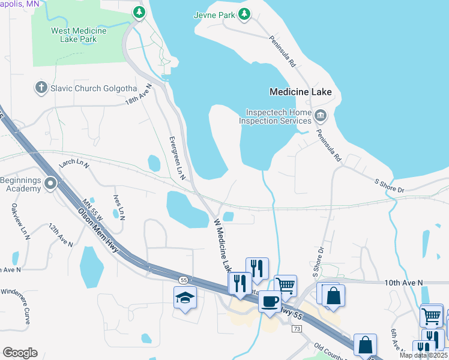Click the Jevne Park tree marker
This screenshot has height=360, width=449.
[244, 14]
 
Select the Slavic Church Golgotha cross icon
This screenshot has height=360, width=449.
[41, 88]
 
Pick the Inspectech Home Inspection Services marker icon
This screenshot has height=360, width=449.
[321, 115]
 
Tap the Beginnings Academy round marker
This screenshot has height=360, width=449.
[51, 183]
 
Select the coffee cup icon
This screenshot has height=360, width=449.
[270, 301]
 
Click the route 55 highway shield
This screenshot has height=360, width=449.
[183, 280]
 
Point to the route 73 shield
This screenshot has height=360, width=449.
[297, 329]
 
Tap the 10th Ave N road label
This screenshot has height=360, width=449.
[403, 282]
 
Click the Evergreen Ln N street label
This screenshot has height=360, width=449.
[178, 158]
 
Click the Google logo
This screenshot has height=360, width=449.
[20, 353]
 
